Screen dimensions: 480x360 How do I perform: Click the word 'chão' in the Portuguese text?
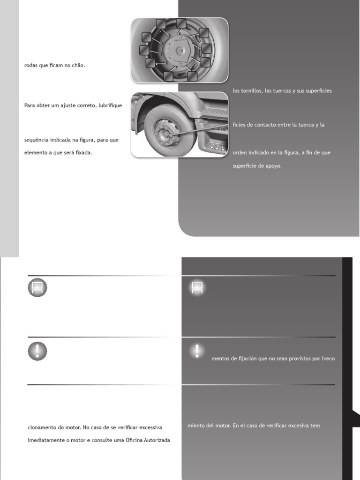[79, 66]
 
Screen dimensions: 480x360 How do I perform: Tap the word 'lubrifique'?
[109, 105]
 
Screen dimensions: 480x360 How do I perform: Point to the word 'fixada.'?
[82, 152]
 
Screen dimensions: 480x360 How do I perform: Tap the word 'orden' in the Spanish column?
[240, 152]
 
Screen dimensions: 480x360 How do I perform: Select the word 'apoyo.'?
[273, 165]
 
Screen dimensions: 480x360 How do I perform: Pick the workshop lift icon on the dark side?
[197, 288]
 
